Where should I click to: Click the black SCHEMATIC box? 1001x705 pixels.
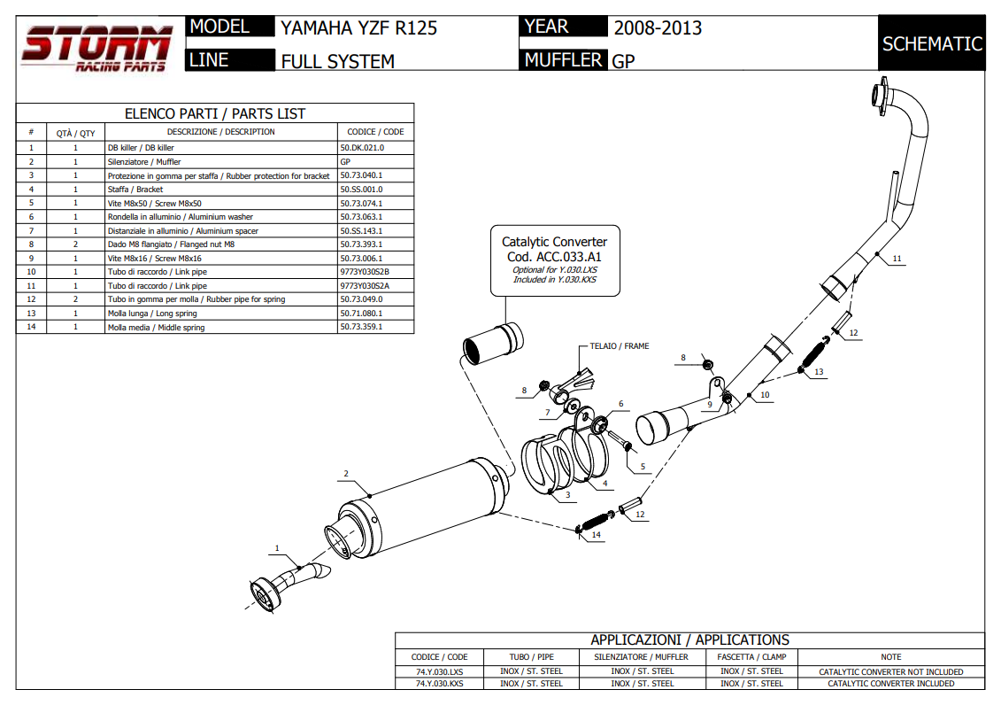coord(932,43)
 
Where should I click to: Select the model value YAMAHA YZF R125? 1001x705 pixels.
coord(358,27)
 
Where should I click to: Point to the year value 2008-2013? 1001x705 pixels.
coord(658,27)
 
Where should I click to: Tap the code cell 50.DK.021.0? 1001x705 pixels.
coord(362,148)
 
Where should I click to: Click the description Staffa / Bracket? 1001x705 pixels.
coord(135,190)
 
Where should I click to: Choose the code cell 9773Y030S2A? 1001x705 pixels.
coord(365,286)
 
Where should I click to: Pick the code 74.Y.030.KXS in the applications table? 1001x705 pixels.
coord(440,684)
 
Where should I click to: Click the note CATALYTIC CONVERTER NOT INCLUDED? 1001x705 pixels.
coord(890,671)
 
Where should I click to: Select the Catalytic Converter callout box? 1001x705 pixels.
coord(554,260)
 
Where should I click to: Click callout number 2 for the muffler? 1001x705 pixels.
coord(346,474)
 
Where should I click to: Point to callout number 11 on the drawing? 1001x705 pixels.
coord(897,259)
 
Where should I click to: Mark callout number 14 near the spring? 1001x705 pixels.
coord(596,535)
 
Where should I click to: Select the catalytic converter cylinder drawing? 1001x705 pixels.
coord(492,346)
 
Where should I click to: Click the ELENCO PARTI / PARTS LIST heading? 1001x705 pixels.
coord(215,113)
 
